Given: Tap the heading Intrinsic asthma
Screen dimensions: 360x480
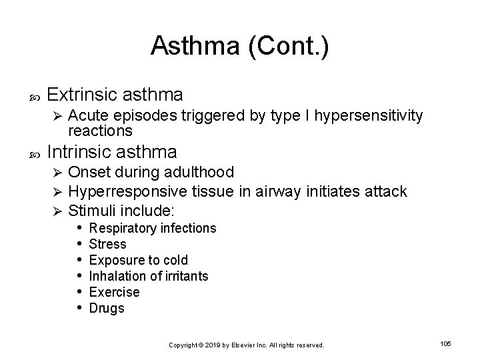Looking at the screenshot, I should point(113,151).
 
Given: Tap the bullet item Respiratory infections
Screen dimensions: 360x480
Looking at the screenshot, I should point(153,229).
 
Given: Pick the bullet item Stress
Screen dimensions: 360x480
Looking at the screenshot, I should point(107,244).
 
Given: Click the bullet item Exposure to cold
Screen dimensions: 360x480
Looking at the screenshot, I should point(139,260).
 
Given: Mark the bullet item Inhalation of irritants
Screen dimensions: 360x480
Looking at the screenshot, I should point(149,276).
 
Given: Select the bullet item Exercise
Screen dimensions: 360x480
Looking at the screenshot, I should point(114,292).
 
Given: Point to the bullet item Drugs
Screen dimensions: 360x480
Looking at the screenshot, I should point(107,308).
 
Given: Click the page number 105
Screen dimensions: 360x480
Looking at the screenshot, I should point(446,343).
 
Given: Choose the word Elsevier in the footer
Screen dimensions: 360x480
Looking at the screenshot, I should point(247,345).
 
